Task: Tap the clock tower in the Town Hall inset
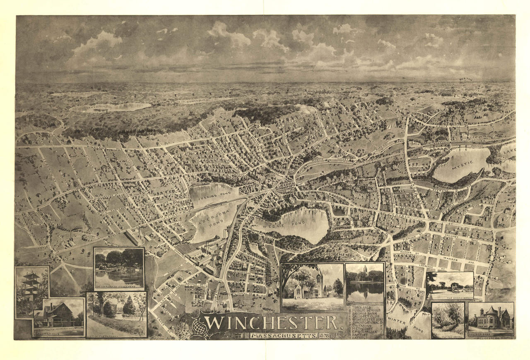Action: click(x=319, y=281)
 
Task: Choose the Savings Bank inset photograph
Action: click(x=491, y=319)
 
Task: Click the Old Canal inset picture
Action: click(x=448, y=319)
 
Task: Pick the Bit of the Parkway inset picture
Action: click(x=117, y=314)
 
